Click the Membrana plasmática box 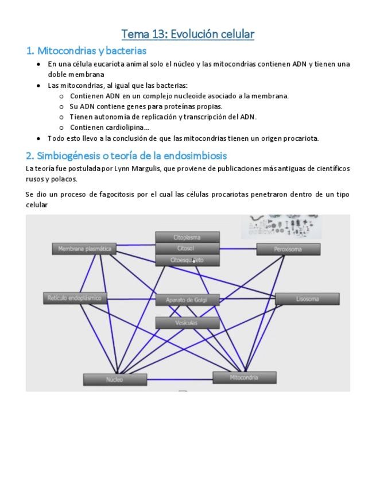click(85, 249)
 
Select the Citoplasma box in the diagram click(187, 237)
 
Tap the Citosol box click(187, 249)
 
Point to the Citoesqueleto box click(187, 260)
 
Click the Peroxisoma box click(288, 249)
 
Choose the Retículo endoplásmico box click(75, 298)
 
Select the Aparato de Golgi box click(187, 300)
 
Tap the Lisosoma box click(307, 299)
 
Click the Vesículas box click(187, 323)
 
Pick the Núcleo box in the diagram click(115, 380)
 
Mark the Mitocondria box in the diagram click(245, 377)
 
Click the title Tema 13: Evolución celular click(188, 34)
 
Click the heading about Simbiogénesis click(126, 156)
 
